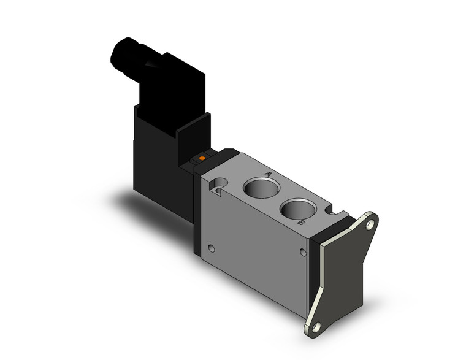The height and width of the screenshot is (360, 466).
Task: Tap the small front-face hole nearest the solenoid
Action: point(212,249)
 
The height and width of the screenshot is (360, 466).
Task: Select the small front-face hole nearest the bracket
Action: point(302,252)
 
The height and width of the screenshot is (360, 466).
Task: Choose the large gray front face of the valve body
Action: point(258,245)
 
